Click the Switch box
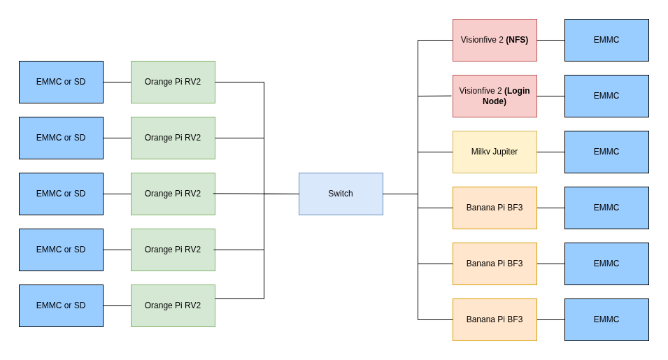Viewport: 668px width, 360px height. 341,194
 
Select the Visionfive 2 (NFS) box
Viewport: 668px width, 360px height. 495,40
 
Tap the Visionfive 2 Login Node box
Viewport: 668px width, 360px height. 495,96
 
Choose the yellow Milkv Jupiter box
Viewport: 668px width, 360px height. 495,152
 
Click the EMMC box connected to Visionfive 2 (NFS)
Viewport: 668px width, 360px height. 606,40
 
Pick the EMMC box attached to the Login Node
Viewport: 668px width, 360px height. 606,96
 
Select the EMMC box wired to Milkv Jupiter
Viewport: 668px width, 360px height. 606,152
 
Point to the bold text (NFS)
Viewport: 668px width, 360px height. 517,40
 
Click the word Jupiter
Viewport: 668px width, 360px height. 505,152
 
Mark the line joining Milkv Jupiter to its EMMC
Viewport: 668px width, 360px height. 550,152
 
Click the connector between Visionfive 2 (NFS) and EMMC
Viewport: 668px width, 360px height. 550,40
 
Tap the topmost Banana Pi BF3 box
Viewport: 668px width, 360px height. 495,208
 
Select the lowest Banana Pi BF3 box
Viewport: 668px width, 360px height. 495,319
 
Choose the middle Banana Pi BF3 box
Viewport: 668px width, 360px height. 495,264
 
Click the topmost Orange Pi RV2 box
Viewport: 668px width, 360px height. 173,82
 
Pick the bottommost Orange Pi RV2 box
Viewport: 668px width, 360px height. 173,305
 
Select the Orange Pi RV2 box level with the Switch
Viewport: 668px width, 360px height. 173,194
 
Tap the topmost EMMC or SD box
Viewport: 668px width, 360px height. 61,82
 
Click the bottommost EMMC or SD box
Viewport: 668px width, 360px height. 61,305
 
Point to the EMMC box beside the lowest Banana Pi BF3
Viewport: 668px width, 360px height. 606,319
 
